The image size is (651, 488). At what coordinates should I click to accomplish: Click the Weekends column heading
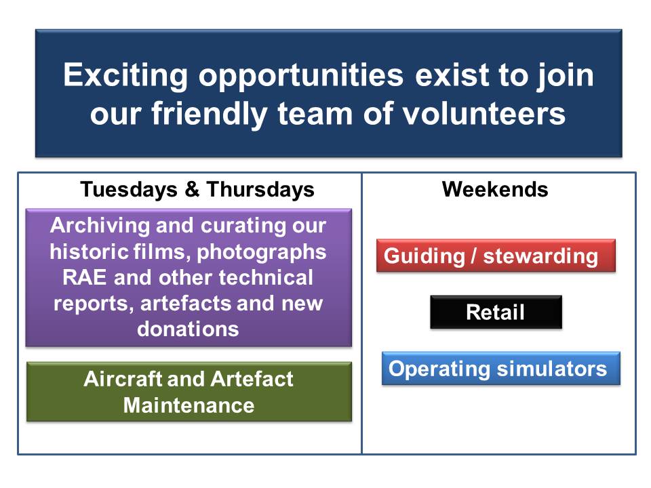(x=495, y=189)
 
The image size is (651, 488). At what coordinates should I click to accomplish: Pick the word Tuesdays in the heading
(x=129, y=190)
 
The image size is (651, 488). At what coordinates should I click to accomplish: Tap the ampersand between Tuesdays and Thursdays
(x=192, y=189)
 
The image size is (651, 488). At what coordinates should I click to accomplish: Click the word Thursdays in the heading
(x=260, y=190)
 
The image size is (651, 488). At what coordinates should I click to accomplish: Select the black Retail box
(x=496, y=312)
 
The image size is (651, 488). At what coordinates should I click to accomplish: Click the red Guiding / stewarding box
(x=496, y=256)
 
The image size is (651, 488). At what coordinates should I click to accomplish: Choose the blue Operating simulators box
(x=500, y=369)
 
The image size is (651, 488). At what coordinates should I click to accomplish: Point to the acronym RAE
(x=84, y=278)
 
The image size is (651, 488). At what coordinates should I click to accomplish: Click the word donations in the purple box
(x=188, y=329)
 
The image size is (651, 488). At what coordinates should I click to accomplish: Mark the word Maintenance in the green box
(x=189, y=405)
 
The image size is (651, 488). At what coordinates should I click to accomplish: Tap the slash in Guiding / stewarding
(x=474, y=256)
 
